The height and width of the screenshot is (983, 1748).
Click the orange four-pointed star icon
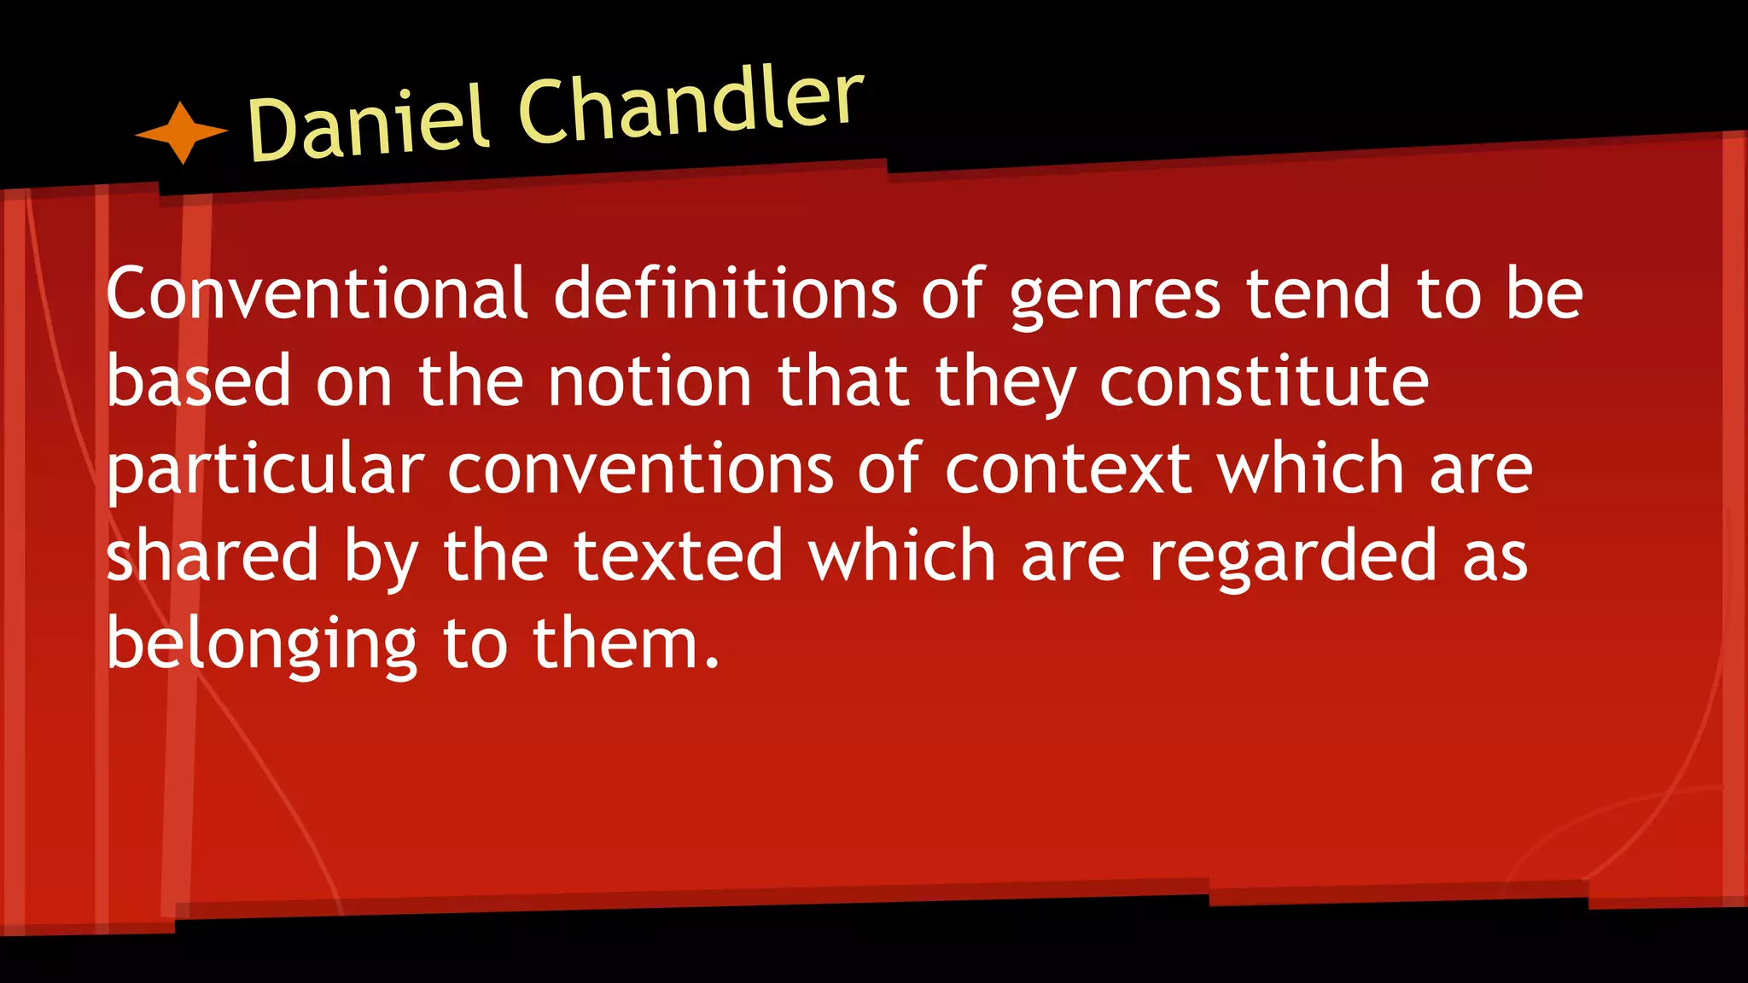pyautogui.click(x=181, y=132)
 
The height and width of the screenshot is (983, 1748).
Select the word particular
pyautogui.click(x=265, y=469)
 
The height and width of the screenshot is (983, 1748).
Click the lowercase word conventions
pyautogui.click(x=640, y=469)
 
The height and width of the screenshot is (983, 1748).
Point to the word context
pyautogui.click(x=1068, y=469)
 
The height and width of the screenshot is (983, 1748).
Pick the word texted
pyautogui.click(x=678, y=555)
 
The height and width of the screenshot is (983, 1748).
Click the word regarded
pyautogui.click(x=1294, y=557)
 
